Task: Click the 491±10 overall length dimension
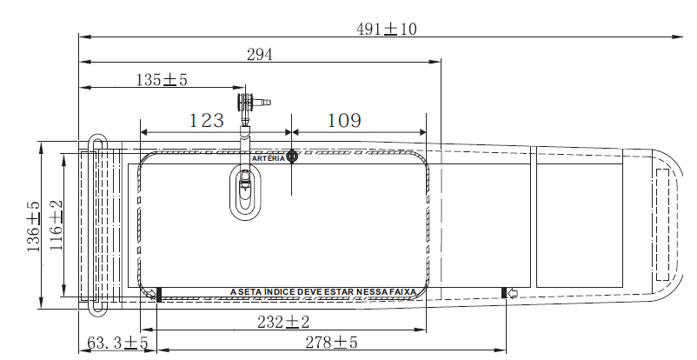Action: [386, 29]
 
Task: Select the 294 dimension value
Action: [260, 54]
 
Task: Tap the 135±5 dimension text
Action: [162, 80]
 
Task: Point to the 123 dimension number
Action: [207, 120]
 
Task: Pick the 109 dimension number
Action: [344, 120]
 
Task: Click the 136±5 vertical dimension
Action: [33, 227]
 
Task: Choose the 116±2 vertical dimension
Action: [56, 225]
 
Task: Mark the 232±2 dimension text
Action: [283, 322]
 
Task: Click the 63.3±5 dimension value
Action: [117, 343]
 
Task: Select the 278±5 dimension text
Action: [331, 343]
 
